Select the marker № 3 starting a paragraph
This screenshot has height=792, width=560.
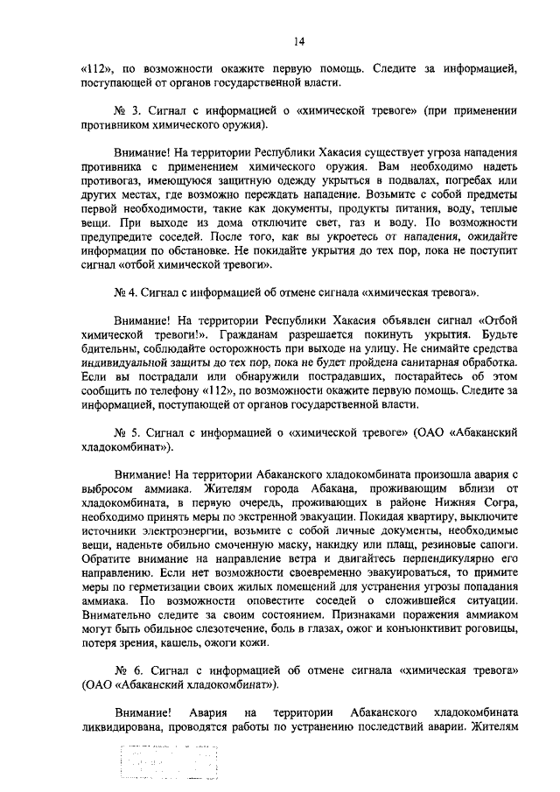coord(124,111)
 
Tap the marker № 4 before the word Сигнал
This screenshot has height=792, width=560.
coord(123,290)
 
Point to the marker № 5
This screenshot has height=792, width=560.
coord(124,434)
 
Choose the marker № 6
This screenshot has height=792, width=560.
coord(124,670)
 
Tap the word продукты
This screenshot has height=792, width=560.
coord(318,211)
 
